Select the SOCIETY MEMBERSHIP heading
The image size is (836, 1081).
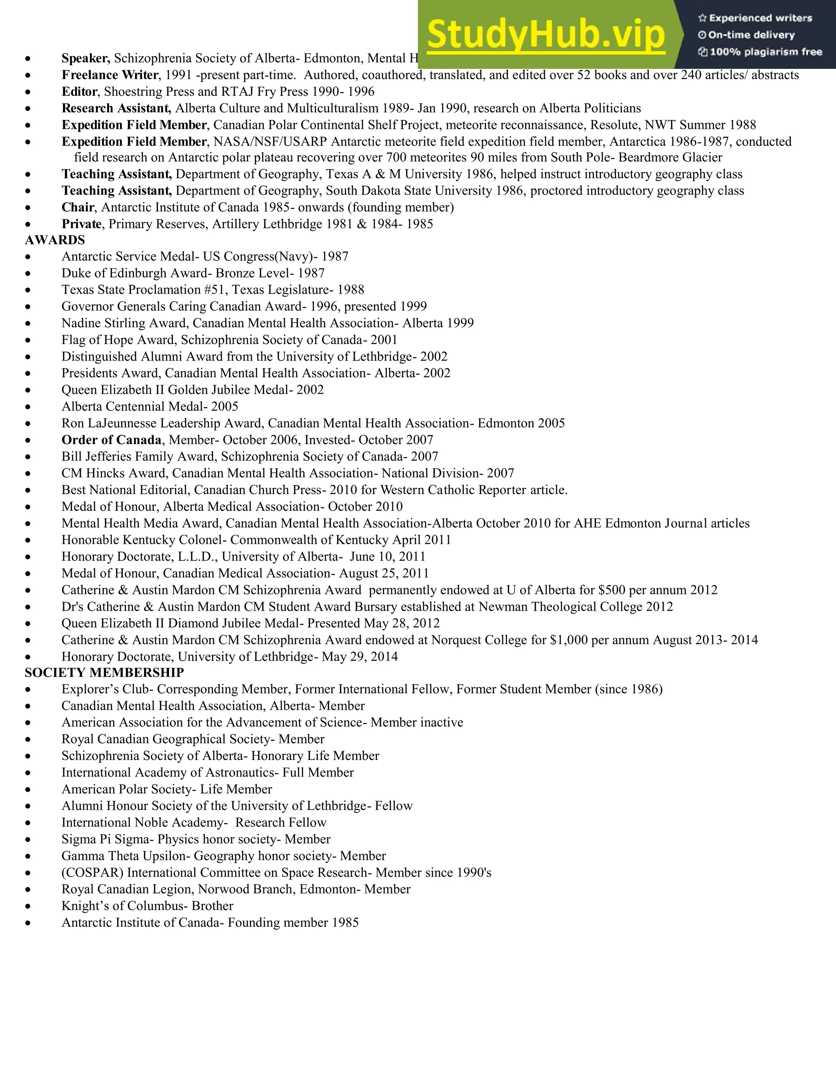(x=104, y=672)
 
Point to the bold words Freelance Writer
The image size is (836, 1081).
(x=110, y=75)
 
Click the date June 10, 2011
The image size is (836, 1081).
(x=387, y=557)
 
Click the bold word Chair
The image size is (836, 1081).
(x=78, y=207)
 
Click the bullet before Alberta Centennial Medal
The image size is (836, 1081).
(x=29, y=407)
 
